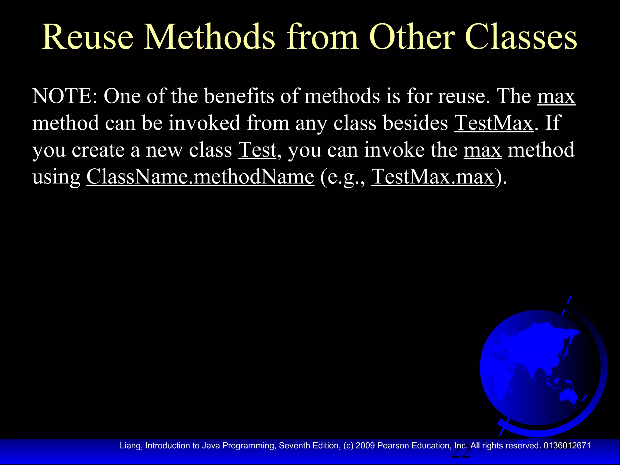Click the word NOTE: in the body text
pos(65,96)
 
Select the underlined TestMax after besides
pos(493,123)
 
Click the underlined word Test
pos(257,150)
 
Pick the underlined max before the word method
pos(483,150)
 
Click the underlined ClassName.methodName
pos(200,177)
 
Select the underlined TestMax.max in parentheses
pos(433,177)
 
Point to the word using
pos(56,177)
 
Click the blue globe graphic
pos(540,368)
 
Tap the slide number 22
pos(460,453)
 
